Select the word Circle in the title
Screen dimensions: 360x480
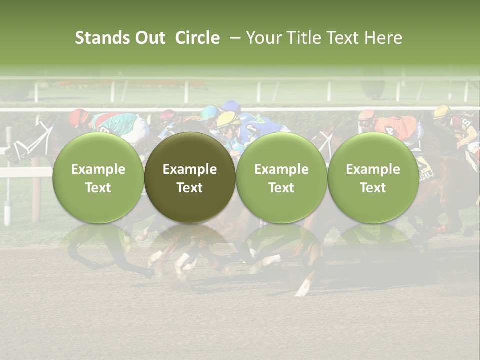197,38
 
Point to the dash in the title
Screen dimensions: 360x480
233,38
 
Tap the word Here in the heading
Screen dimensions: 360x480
384,38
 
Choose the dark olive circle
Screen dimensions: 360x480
190,177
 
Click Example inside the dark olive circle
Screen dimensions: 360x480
190,169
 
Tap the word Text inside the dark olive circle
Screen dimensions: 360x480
190,188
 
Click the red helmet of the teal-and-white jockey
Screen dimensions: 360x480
78,117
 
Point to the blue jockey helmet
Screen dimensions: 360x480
231,106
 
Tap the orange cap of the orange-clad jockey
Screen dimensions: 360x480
367,117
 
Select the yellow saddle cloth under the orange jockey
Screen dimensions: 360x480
423,165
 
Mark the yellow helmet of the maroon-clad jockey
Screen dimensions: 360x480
442,112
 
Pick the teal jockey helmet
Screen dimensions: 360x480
209,113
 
